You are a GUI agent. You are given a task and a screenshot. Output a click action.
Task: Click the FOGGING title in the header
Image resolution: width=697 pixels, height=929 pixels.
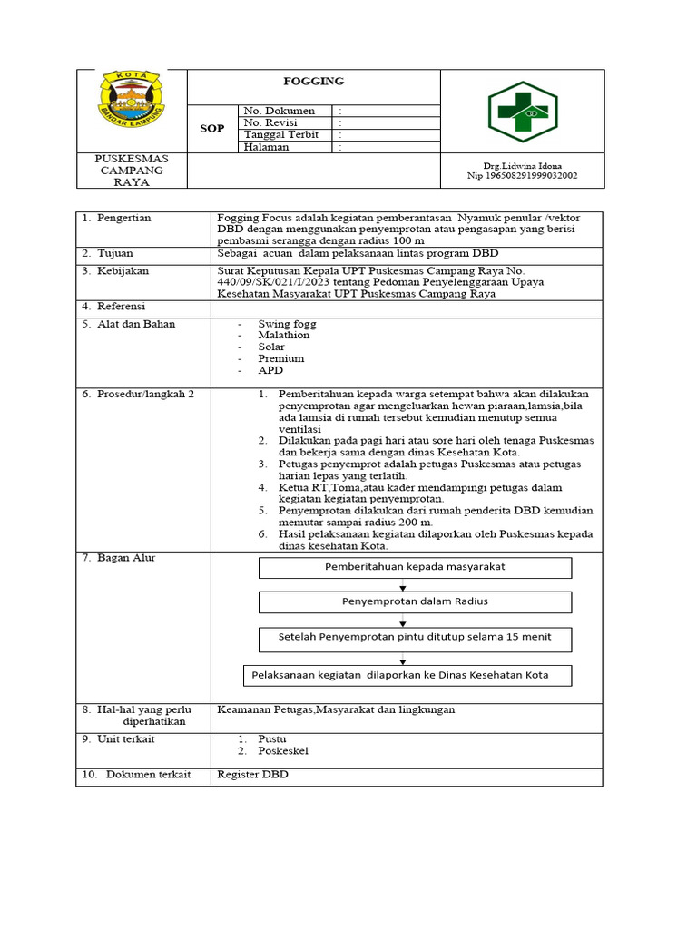314,81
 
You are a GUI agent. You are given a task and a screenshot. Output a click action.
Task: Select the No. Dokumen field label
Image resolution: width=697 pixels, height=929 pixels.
280,111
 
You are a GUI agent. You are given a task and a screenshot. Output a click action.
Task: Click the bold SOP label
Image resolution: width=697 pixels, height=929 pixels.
211,128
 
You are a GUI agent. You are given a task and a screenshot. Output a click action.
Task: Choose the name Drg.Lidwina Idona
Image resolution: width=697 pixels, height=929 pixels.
522,166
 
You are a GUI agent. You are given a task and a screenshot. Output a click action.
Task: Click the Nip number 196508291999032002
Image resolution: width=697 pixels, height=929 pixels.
522,176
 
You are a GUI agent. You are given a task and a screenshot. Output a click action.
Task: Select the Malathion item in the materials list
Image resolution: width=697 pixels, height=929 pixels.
283,335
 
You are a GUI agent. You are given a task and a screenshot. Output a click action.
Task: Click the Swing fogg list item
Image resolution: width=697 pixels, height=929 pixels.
286,323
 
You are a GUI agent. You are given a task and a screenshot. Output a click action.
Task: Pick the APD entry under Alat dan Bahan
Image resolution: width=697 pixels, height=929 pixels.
270,370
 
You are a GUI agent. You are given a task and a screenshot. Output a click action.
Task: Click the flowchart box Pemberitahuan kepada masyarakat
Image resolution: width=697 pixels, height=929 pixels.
415,567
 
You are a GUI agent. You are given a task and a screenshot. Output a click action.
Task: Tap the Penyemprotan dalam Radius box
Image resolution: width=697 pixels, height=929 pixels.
415,601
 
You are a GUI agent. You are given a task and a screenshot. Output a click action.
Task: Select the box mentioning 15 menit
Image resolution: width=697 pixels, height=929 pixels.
415,637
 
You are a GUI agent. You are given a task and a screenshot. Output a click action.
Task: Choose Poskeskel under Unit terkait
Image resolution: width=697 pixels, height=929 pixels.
283,751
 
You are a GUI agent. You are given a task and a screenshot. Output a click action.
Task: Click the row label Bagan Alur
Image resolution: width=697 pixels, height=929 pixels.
126,558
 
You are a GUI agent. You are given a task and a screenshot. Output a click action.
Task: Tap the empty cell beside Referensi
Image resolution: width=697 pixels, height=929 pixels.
406,308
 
